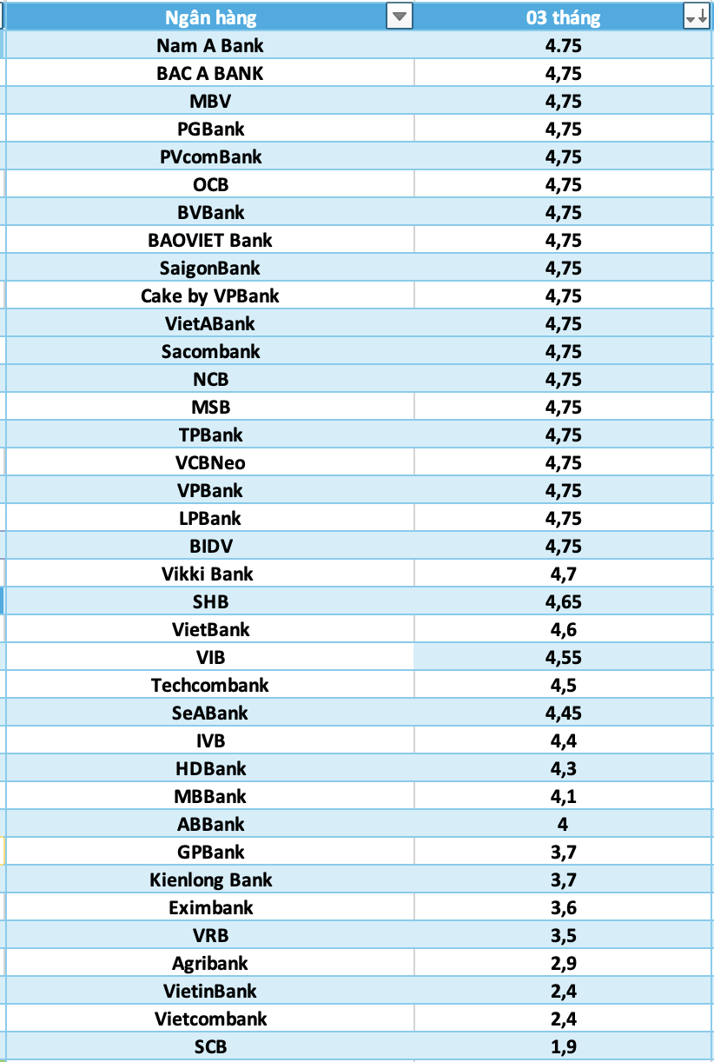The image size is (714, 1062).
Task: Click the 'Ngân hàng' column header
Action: point(210,18)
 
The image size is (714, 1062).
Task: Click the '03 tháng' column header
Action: point(563,18)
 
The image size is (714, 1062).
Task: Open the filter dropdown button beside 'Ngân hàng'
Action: point(399,17)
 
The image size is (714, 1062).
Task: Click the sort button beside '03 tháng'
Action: point(696,17)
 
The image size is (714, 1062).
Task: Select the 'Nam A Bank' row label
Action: point(210,45)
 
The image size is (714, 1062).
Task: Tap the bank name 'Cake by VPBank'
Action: point(210,296)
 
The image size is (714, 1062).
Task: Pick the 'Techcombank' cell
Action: point(210,685)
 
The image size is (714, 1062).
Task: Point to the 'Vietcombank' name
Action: point(210,1019)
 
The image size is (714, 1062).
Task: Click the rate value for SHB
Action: point(563,602)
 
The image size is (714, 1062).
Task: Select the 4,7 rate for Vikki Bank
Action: point(564,574)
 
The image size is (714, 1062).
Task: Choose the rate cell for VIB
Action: point(563,658)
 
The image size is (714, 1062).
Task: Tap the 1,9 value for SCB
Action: point(564,1047)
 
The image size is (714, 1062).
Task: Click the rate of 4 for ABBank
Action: point(562,825)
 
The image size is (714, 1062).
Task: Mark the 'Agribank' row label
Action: point(210,964)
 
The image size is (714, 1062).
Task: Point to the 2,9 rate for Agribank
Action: point(564,964)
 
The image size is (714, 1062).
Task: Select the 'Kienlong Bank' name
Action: point(210,880)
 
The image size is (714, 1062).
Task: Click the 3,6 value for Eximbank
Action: point(564,908)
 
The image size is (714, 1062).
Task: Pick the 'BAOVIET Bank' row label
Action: point(210,241)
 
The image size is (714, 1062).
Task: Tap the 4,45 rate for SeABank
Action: point(563,713)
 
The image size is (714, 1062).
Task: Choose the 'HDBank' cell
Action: point(210,768)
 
